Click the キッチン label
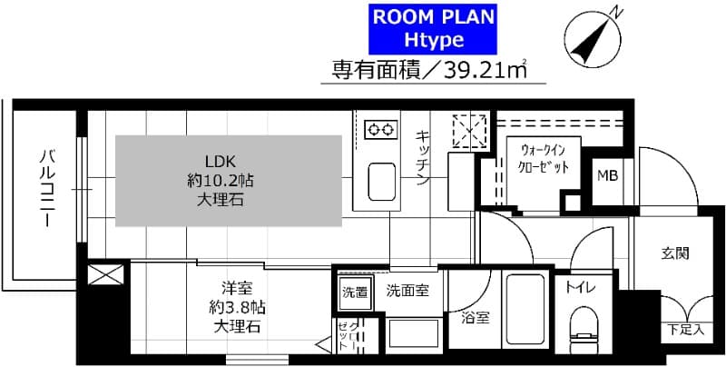(x=423, y=159)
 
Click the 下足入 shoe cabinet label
(x=686, y=330)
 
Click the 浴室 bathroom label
(x=475, y=318)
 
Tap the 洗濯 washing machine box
(x=355, y=293)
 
